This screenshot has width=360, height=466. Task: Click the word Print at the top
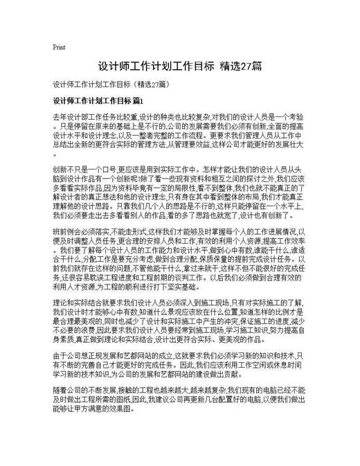tap(59, 48)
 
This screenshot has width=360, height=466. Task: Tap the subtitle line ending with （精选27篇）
tap(111, 84)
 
